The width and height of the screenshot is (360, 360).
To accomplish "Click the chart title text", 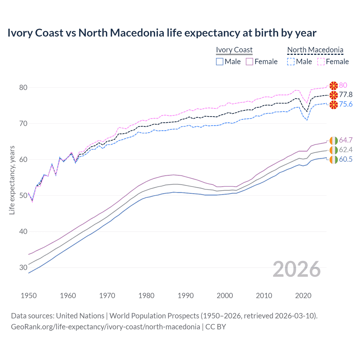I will pos(162,33).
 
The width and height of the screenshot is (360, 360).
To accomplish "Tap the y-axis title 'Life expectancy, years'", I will pos(12,180).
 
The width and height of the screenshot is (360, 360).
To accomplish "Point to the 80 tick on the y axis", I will pos(23,87).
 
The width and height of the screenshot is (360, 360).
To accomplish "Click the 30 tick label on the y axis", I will pos(23,267).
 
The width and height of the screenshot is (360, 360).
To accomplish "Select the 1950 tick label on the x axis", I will pos(29,296).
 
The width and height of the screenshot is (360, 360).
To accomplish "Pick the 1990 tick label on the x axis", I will pos(186,296).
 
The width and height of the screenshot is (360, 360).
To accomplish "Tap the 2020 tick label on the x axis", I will pos(303,296).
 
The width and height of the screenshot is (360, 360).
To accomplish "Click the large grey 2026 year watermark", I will pos(297,269).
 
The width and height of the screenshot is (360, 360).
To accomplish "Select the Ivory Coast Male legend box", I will pos(220,62).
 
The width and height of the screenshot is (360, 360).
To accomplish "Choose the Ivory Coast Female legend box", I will pos(249,62).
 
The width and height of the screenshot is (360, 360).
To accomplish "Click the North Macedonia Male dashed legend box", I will pos(291,62).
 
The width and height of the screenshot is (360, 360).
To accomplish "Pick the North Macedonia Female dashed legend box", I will pos(321,62).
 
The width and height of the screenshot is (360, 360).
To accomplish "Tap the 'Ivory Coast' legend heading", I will pos(234,50).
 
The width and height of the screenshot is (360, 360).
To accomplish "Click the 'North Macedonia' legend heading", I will pos(315,50).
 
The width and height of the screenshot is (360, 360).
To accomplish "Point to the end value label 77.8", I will pos(346,95).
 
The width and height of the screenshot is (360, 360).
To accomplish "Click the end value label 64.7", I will pos(346,140).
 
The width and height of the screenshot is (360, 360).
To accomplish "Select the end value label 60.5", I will pos(346,159).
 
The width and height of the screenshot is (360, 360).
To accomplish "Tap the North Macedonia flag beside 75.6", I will pos(334,105).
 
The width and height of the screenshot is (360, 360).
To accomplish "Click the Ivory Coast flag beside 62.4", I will pos(334,150).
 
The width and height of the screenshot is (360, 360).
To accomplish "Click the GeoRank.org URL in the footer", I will pos(105,327).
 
